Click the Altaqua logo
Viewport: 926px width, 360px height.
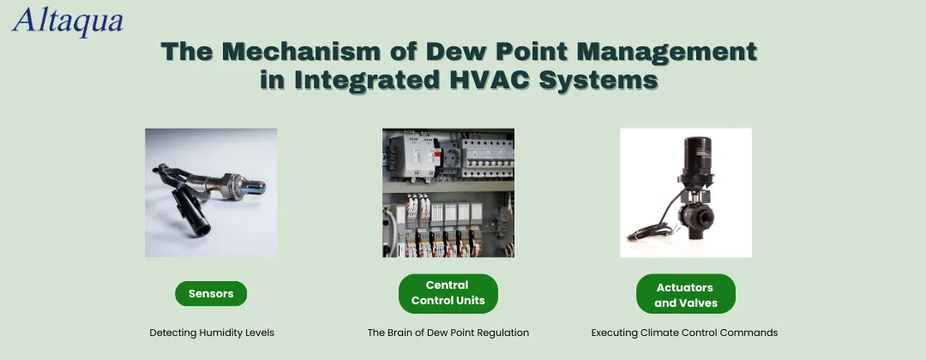point(68,21)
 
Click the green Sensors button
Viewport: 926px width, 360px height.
point(211,293)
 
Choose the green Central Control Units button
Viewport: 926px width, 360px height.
point(448,293)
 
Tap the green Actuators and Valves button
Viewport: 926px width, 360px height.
point(686,293)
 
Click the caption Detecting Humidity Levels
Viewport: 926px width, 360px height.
point(212,333)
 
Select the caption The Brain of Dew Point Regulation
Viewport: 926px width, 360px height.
point(448,333)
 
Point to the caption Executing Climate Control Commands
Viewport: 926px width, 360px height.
point(684,333)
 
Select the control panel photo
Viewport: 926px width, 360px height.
point(448,192)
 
